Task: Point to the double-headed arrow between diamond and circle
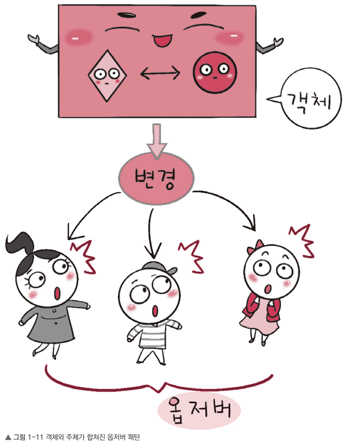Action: pyautogui.click(x=161, y=73)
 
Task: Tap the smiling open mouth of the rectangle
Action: pyautogui.click(x=162, y=39)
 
